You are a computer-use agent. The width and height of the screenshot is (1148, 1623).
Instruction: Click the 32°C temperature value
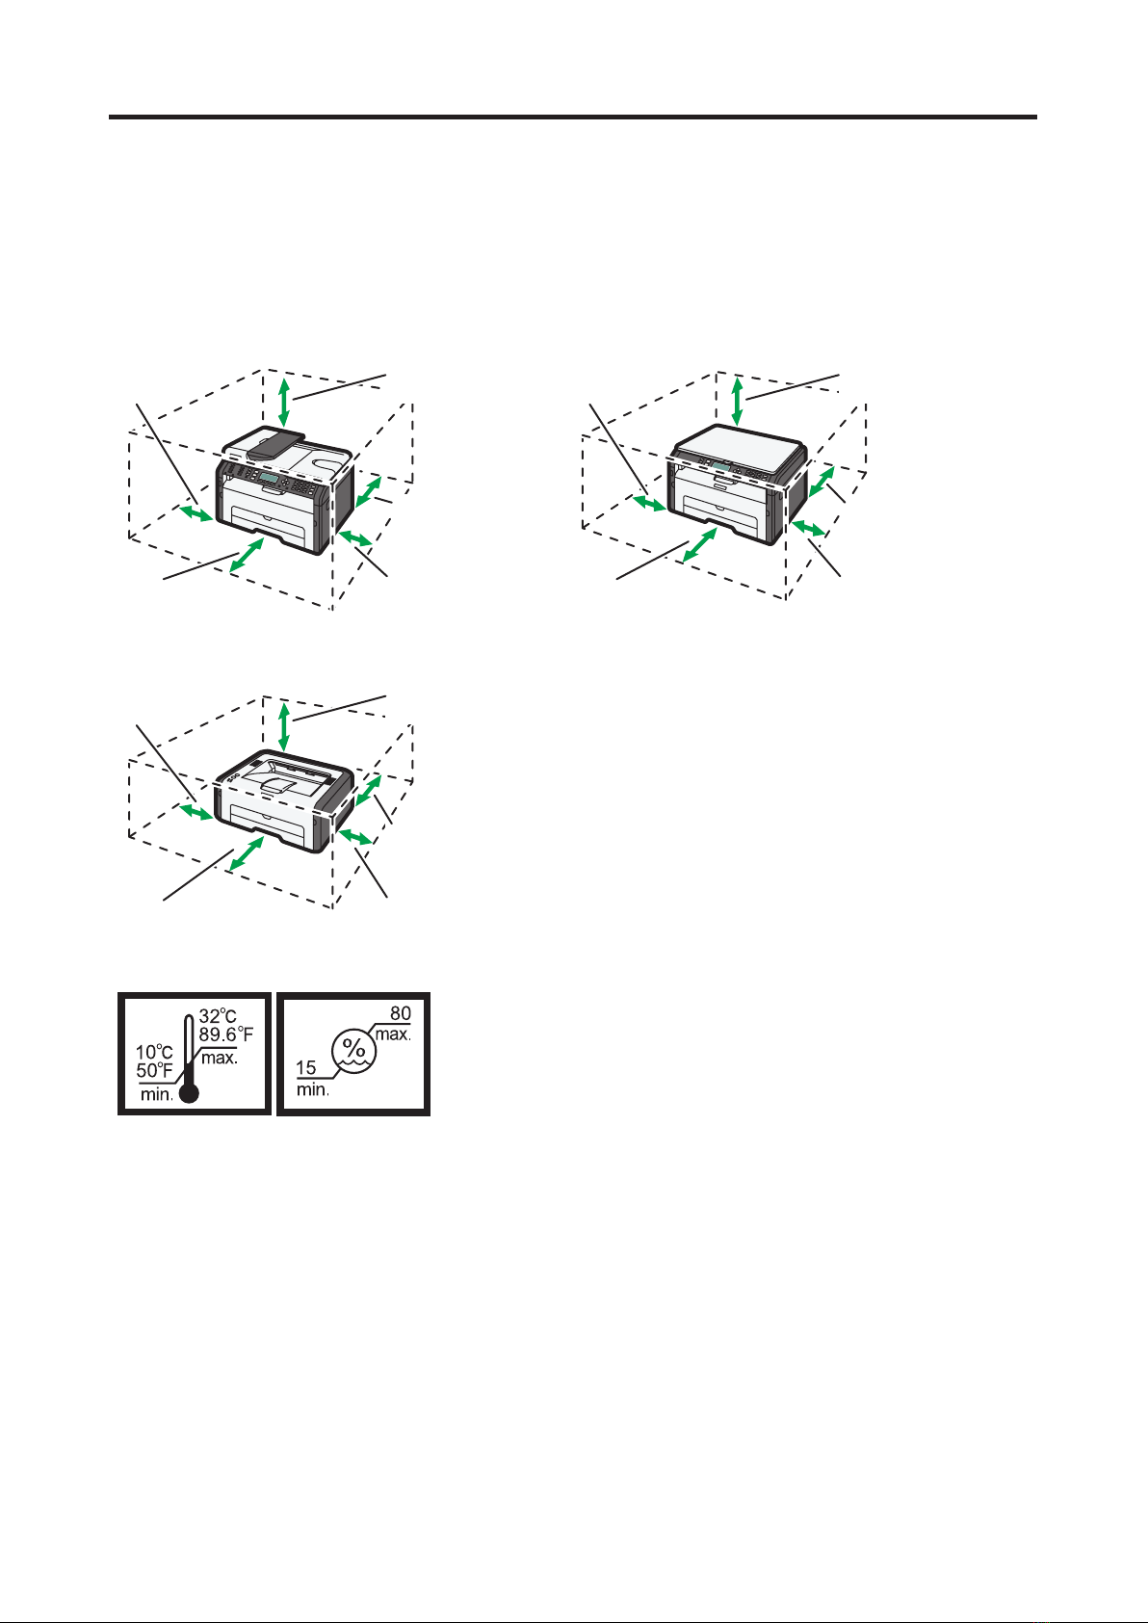pyautogui.click(x=218, y=1016)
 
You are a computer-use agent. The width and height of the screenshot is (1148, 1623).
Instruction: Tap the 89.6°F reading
pyautogui.click(x=226, y=1034)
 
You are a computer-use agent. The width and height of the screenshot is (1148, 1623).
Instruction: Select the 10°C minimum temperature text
pyautogui.click(x=154, y=1052)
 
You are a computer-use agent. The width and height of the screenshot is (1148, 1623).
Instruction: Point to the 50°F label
pyautogui.click(x=154, y=1070)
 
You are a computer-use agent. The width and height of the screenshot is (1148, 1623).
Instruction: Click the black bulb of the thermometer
pyautogui.click(x=189, y=1092)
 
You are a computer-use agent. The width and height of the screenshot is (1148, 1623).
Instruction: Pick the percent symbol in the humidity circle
pyautogui.click(x=353, y=1047)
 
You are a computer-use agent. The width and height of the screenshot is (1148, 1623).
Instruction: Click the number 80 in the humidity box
pyautogui.click(x=401, y=1013)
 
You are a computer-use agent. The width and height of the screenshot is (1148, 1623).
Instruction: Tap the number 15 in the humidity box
pyautogui.click(x=306, y=1067)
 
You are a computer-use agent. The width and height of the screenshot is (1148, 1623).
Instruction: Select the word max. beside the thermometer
pyautogui.click(x=220, y=1058)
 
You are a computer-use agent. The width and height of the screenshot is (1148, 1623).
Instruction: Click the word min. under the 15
pyautogui.click(x=313, y=1089)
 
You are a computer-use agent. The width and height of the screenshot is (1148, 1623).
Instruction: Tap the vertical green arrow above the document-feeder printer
pyautogui.click(x=284, y=402)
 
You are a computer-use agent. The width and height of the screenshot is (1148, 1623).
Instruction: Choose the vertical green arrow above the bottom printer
pyautogui.click(x=284, y=726)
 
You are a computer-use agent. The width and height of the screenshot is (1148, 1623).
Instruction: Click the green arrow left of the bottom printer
pyautogui.click(x=196, y=811)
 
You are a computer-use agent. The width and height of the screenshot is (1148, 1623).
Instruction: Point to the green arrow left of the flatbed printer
pyautogui.click(x=649, y=503)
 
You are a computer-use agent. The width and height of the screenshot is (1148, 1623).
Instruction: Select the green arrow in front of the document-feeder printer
pyautogui.click(x=247, y=554)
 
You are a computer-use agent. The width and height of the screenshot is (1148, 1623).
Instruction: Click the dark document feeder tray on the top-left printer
pyautogui.click(x=275, y=442)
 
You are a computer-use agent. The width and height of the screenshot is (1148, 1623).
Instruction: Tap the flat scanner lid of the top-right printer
pyautogui.click(x=741, y=448)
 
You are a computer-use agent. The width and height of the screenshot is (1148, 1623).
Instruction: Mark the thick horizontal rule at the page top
pyautogui.click(x=573, y=117)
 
